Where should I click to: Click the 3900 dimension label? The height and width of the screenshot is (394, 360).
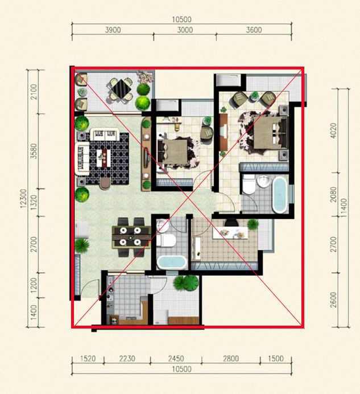point(113,30)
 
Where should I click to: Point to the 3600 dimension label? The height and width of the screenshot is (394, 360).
point(254,30)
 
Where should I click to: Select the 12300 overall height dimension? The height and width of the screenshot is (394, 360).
point(23,199)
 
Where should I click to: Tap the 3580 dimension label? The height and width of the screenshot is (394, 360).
point(34,151)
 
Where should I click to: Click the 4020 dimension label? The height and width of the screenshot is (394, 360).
point(333,130)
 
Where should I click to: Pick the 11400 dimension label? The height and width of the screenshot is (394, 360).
point(344,208)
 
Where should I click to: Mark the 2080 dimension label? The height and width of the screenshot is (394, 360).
point(333,194)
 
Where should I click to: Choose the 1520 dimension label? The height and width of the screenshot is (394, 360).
point(88,359)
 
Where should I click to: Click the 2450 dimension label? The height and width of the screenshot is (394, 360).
point(176,359)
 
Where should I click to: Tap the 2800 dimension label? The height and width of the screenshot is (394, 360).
point(231,359)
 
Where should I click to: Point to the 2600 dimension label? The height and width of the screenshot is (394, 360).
point(333,300)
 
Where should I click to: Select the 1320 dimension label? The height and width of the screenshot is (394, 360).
point(34,202)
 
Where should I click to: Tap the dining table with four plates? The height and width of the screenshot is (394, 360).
point(131,237)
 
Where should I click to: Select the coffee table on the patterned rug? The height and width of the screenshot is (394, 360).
point(104,158)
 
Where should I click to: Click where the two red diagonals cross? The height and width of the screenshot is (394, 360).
point(188,198)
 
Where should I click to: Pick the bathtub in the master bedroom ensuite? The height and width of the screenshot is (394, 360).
point(280,195)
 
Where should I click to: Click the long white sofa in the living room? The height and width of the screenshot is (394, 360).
point(82,158)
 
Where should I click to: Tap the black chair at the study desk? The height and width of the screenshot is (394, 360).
point(231,223)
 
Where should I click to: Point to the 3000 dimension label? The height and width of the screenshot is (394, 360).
point(185,30)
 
